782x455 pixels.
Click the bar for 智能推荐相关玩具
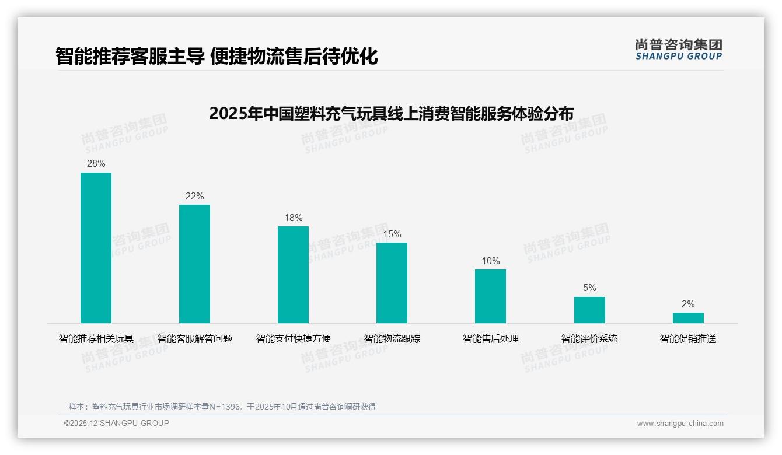(x=96, y=248)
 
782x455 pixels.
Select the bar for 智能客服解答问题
(x=194, y=264)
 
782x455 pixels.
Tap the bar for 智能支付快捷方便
(x=293, y=275)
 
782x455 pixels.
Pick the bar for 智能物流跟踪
(x=392, y=283)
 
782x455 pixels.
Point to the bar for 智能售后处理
(x=490, y=296)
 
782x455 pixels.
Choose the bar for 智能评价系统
(x=589, y=310)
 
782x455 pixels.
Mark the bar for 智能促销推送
(x=688, y=318)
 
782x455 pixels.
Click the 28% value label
(x=96, y=164)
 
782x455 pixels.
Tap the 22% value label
(x=194, y=197)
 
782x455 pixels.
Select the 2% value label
(x=688, y=304)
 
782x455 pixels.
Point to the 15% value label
(x=392, y=235)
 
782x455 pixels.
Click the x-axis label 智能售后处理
(x=490, y=339)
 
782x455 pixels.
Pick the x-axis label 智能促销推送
(x=688, y=339)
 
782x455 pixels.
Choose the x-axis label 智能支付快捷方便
(x=293, y=339)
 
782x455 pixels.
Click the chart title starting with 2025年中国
(x=391, y=113)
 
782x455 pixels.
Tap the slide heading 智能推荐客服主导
(x=217, y=57)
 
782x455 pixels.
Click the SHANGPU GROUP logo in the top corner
(x=678, y=50)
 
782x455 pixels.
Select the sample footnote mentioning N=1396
(x=222, y=407)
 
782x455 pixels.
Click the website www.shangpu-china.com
(x=680, y=423)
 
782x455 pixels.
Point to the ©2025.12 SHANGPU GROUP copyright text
(x=117, y=423)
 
